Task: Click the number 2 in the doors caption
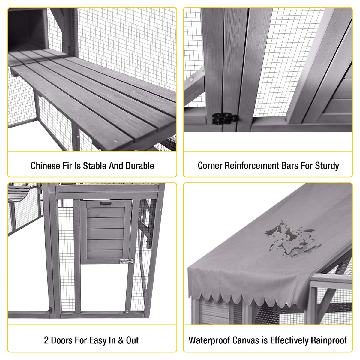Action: [46, 340]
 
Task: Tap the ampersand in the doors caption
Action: [121, 340]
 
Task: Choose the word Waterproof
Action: [209, 340]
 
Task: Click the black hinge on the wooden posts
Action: [225, 118]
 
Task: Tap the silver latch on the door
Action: [126, 261]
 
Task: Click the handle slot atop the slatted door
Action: [106, 203]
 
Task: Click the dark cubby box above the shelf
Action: [28, 29]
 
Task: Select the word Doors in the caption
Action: [62, 340]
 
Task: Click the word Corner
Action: [210, 166]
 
